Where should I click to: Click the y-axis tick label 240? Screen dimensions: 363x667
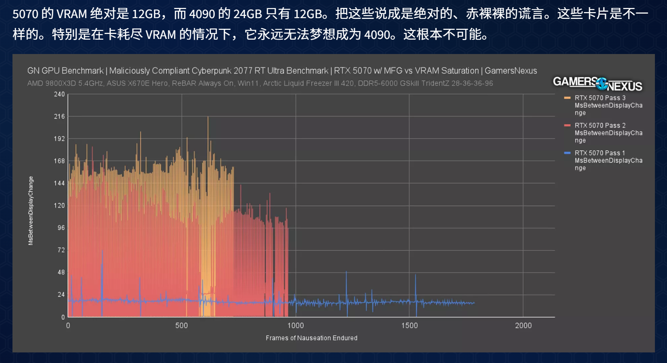59,94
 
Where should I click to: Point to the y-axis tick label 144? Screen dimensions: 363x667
59,183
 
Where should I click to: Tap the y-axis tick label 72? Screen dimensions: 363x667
61,250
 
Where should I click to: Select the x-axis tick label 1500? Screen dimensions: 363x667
410,326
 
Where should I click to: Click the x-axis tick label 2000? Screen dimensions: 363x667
523,326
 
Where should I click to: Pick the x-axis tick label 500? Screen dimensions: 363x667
181,326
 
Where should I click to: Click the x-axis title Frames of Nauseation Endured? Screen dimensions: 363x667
311,338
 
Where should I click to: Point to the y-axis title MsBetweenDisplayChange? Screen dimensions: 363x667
31,210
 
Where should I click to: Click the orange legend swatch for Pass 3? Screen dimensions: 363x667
567,98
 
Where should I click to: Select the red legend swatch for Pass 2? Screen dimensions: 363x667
567,125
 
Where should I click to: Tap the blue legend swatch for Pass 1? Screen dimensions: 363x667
567,153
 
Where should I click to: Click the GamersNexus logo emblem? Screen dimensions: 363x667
602,83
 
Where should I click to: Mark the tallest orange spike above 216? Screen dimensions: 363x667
208,118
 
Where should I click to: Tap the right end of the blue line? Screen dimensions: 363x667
474,303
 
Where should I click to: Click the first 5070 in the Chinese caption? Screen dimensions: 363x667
25,14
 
